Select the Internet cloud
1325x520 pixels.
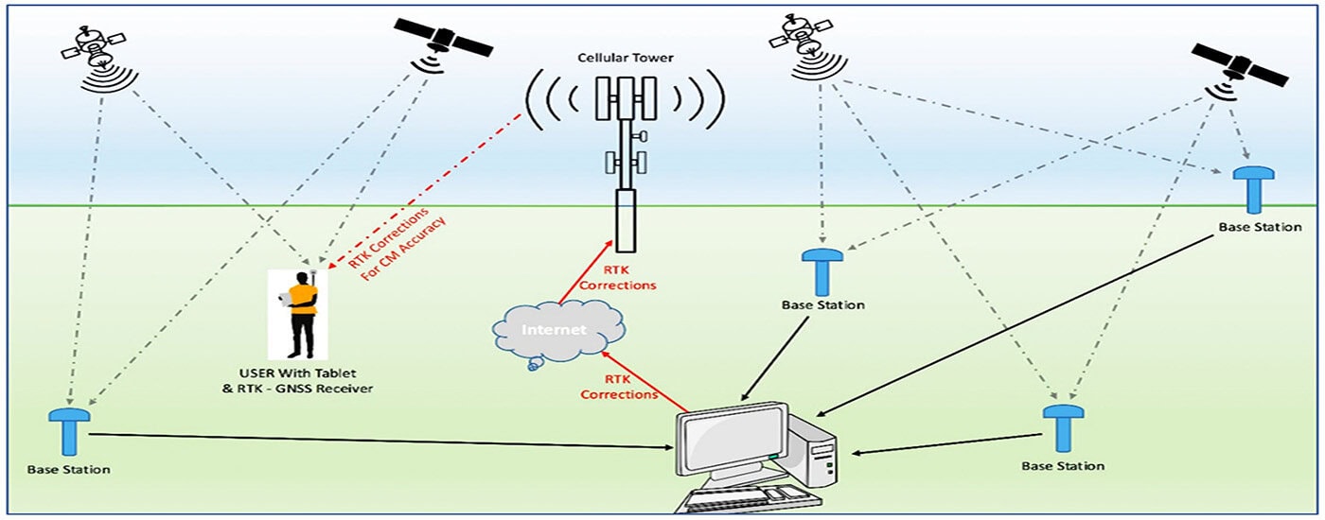[x=557, y=331]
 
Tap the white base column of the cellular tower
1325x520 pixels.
[x=624, y=219]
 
